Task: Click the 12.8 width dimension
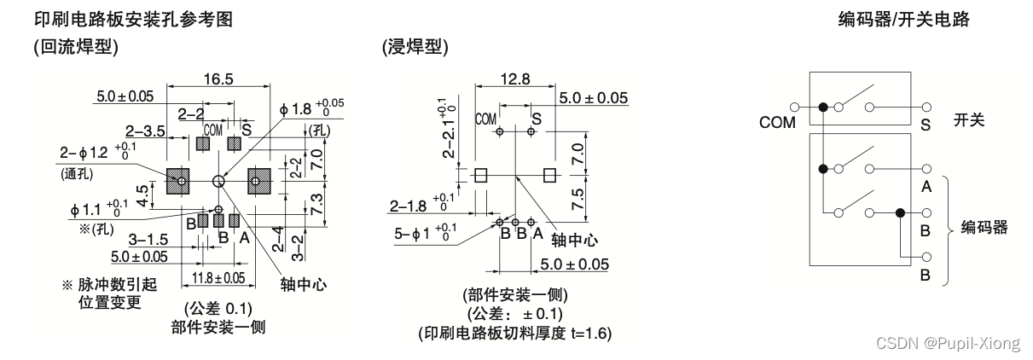click(514, 78)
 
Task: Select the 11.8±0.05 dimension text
click(218, 277)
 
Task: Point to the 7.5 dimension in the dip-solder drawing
click(577, 199)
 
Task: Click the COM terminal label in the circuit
click(777, 121)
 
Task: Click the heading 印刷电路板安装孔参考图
click(132, 19)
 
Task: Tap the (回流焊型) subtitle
click(76, 48)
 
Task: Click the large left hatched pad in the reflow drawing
click(178, 181)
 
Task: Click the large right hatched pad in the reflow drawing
click(258, 181)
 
